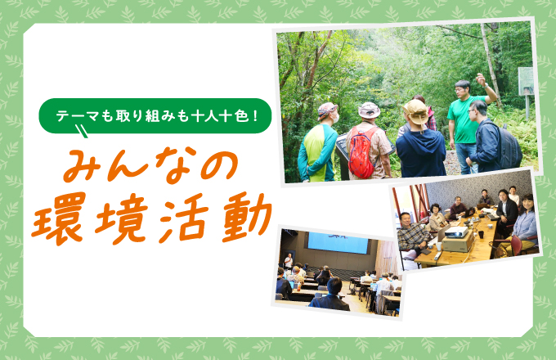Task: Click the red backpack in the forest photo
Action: (361, 152)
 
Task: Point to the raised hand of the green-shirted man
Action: (481, 79)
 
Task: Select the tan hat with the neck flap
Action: (415, 112)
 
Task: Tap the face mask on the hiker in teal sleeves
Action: (335, 118)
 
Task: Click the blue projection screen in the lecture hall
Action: (338, 243)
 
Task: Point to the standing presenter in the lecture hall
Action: (289, 261)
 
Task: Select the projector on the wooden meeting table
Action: (456, 232)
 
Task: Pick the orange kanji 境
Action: (121, 218)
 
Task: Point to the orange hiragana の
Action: (219, 165)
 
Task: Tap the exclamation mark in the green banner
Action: (256, 115)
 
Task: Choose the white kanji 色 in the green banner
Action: (241, 115)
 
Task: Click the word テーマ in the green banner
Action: (77, 115)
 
